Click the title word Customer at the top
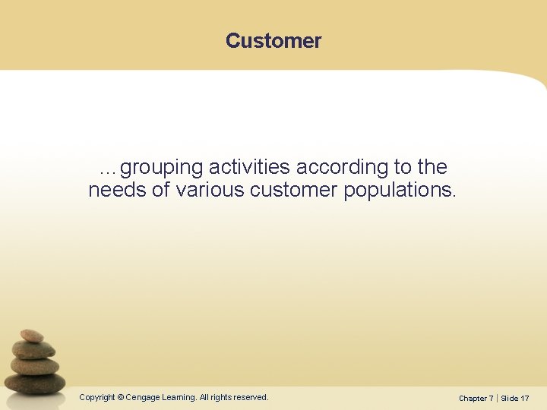point(273,41)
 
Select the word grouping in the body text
point(161,168)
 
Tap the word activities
point(249,167)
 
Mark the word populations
point(400,191)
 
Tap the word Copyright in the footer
point(97,397)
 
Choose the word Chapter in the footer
point(474,398)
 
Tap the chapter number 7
point(492,398)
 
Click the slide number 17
point(525,398)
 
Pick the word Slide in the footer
point(510,398)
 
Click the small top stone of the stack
point(31,335)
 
